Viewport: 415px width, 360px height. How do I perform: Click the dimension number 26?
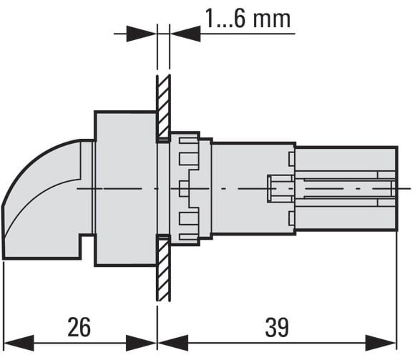tap(79, 327)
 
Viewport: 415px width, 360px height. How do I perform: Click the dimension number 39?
tap(277, 327)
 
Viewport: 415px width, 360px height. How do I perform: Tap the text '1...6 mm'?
tap(248, 19)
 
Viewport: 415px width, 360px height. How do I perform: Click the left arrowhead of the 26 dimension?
tap(19, 343)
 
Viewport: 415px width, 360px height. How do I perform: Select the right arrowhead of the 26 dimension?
tap(141, 343)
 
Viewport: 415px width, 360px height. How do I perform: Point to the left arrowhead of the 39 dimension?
tap(173, 343)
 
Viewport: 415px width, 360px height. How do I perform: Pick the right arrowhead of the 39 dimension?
tap(381, 343)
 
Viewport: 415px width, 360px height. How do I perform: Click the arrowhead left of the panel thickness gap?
tap(142, 34)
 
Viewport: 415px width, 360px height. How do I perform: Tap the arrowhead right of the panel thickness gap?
tap(185, 34)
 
